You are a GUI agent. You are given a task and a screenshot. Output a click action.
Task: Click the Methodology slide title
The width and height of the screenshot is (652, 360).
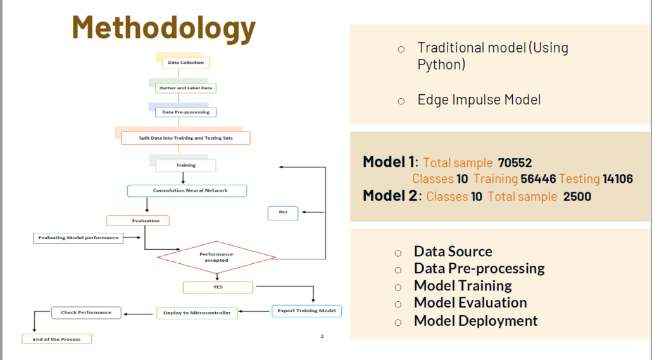(164, 28)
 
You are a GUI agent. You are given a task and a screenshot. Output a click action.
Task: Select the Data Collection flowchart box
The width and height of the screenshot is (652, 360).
(185, 63)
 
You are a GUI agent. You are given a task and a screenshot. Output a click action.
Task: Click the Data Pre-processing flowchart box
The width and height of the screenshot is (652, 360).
(186, 112)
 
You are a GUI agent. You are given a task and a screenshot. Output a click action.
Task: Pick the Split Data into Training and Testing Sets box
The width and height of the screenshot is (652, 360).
(185, 138)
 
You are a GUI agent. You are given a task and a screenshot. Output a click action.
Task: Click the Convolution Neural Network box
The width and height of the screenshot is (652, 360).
(187, 190)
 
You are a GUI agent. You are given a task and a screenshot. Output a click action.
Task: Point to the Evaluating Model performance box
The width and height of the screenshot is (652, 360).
(78, 238)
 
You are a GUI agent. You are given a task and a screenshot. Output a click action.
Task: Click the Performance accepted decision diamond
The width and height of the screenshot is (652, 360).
(216, 257)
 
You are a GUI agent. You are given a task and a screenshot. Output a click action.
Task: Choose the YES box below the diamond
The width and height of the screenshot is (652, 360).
(218, 287)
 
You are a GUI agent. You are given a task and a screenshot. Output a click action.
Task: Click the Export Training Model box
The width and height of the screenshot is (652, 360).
(306, 311)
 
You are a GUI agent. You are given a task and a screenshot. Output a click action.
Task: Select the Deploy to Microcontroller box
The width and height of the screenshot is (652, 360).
(197, 313)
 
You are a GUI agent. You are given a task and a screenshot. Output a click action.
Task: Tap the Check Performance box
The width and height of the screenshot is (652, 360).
(86, 313)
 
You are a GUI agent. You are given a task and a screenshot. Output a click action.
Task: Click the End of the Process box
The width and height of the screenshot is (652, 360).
(57, 339)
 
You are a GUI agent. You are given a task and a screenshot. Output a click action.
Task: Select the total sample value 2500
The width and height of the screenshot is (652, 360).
(577, 196)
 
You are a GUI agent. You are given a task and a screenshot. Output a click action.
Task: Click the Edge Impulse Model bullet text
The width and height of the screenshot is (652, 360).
(479, 100)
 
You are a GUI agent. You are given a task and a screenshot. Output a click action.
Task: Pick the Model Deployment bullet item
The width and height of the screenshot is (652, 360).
(475, 321)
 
